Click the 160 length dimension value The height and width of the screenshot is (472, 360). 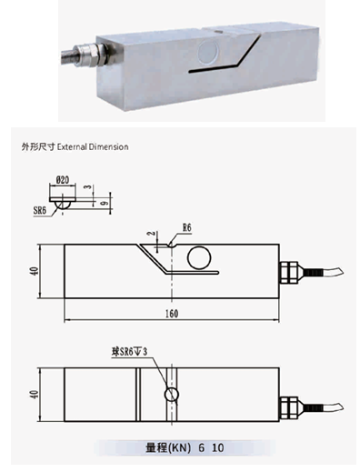tap(172, 314)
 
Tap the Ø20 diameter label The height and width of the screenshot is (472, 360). tap(63, 180)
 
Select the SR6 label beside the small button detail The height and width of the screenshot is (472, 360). tap(40, 210)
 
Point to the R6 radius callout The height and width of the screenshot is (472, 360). tap(187, 227)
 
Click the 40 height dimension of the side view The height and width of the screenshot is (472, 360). tap(35, 271)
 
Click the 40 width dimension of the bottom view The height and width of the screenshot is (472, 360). tap(35, 394)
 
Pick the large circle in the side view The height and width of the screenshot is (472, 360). tap(199, 257)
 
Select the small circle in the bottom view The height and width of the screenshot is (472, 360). tap(172, 395)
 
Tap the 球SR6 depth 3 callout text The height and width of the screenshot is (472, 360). tap(129, 352)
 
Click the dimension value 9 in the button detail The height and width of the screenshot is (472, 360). tap(105, 203)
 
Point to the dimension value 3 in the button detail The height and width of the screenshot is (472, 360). tap(88, 187)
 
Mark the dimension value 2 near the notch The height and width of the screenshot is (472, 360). tap(151, 234)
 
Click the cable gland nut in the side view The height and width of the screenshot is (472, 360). tap(288, 273)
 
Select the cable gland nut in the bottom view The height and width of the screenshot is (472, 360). tap(288, 407)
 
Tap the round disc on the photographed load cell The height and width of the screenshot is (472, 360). tap(209, 52)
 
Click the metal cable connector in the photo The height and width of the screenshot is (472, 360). tap(90, 55)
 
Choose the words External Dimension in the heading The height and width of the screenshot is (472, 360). tap(93, 147)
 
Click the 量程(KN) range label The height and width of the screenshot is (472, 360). tap(168, 447)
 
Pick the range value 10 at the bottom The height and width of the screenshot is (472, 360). tap(218, 447)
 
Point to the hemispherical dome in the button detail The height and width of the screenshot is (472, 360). tap(63, 206)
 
